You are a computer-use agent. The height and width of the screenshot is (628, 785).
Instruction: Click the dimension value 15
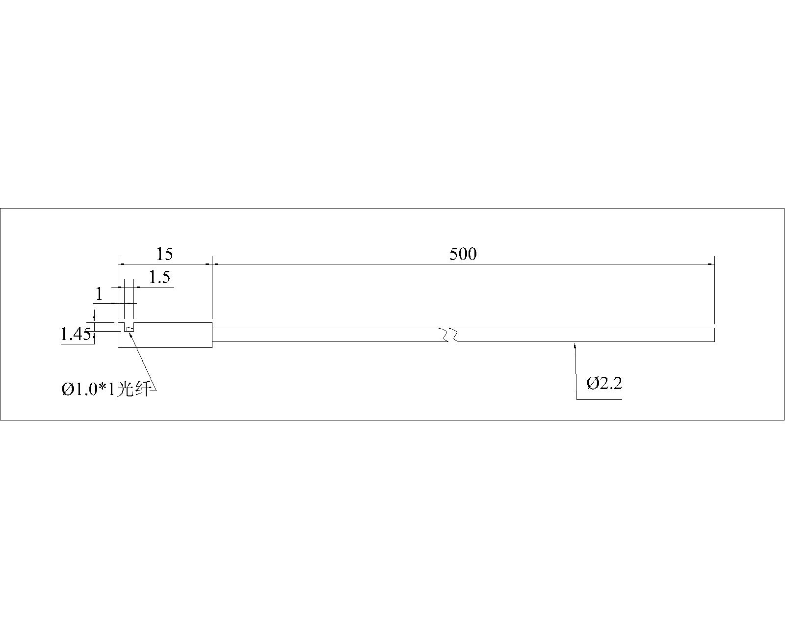point(164,254)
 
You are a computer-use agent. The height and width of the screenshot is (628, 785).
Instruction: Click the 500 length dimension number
point(463,254)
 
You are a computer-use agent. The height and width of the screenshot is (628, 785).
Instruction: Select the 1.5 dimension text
point(160,277)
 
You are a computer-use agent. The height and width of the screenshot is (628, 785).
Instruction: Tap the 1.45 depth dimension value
point(76,334)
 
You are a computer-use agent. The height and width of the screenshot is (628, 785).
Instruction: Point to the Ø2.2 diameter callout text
point(604,383)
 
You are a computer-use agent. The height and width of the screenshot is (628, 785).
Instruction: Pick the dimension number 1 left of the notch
point(99,294)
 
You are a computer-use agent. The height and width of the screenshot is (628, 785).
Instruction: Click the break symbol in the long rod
point(452,335)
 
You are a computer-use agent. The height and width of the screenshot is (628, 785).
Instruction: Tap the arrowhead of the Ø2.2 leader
point(575,345)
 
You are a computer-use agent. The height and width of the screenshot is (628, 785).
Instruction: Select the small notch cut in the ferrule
point(129,327)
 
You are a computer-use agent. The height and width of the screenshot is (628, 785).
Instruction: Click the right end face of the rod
point(714,335)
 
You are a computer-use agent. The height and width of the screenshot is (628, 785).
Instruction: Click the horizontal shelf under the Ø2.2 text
point(599,399)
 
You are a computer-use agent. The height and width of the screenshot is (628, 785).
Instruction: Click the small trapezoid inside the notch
point(129,329)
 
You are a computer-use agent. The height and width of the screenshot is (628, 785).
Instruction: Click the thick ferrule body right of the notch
point(173,335)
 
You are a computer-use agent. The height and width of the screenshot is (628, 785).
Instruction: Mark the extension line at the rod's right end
point(714,290)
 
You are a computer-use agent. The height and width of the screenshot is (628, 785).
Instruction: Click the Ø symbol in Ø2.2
point(592,383)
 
